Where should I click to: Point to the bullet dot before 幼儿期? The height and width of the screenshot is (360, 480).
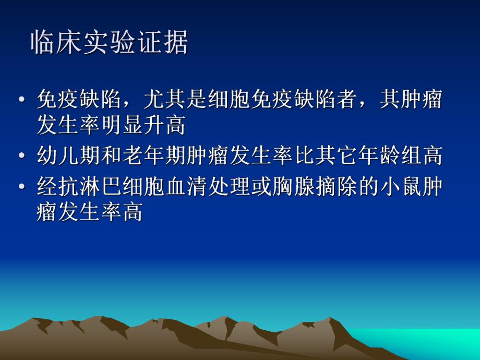pyautogui.click(x=21, y=155)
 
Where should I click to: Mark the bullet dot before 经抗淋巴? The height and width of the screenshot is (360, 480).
pyautogui.click(x=21, y=186)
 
